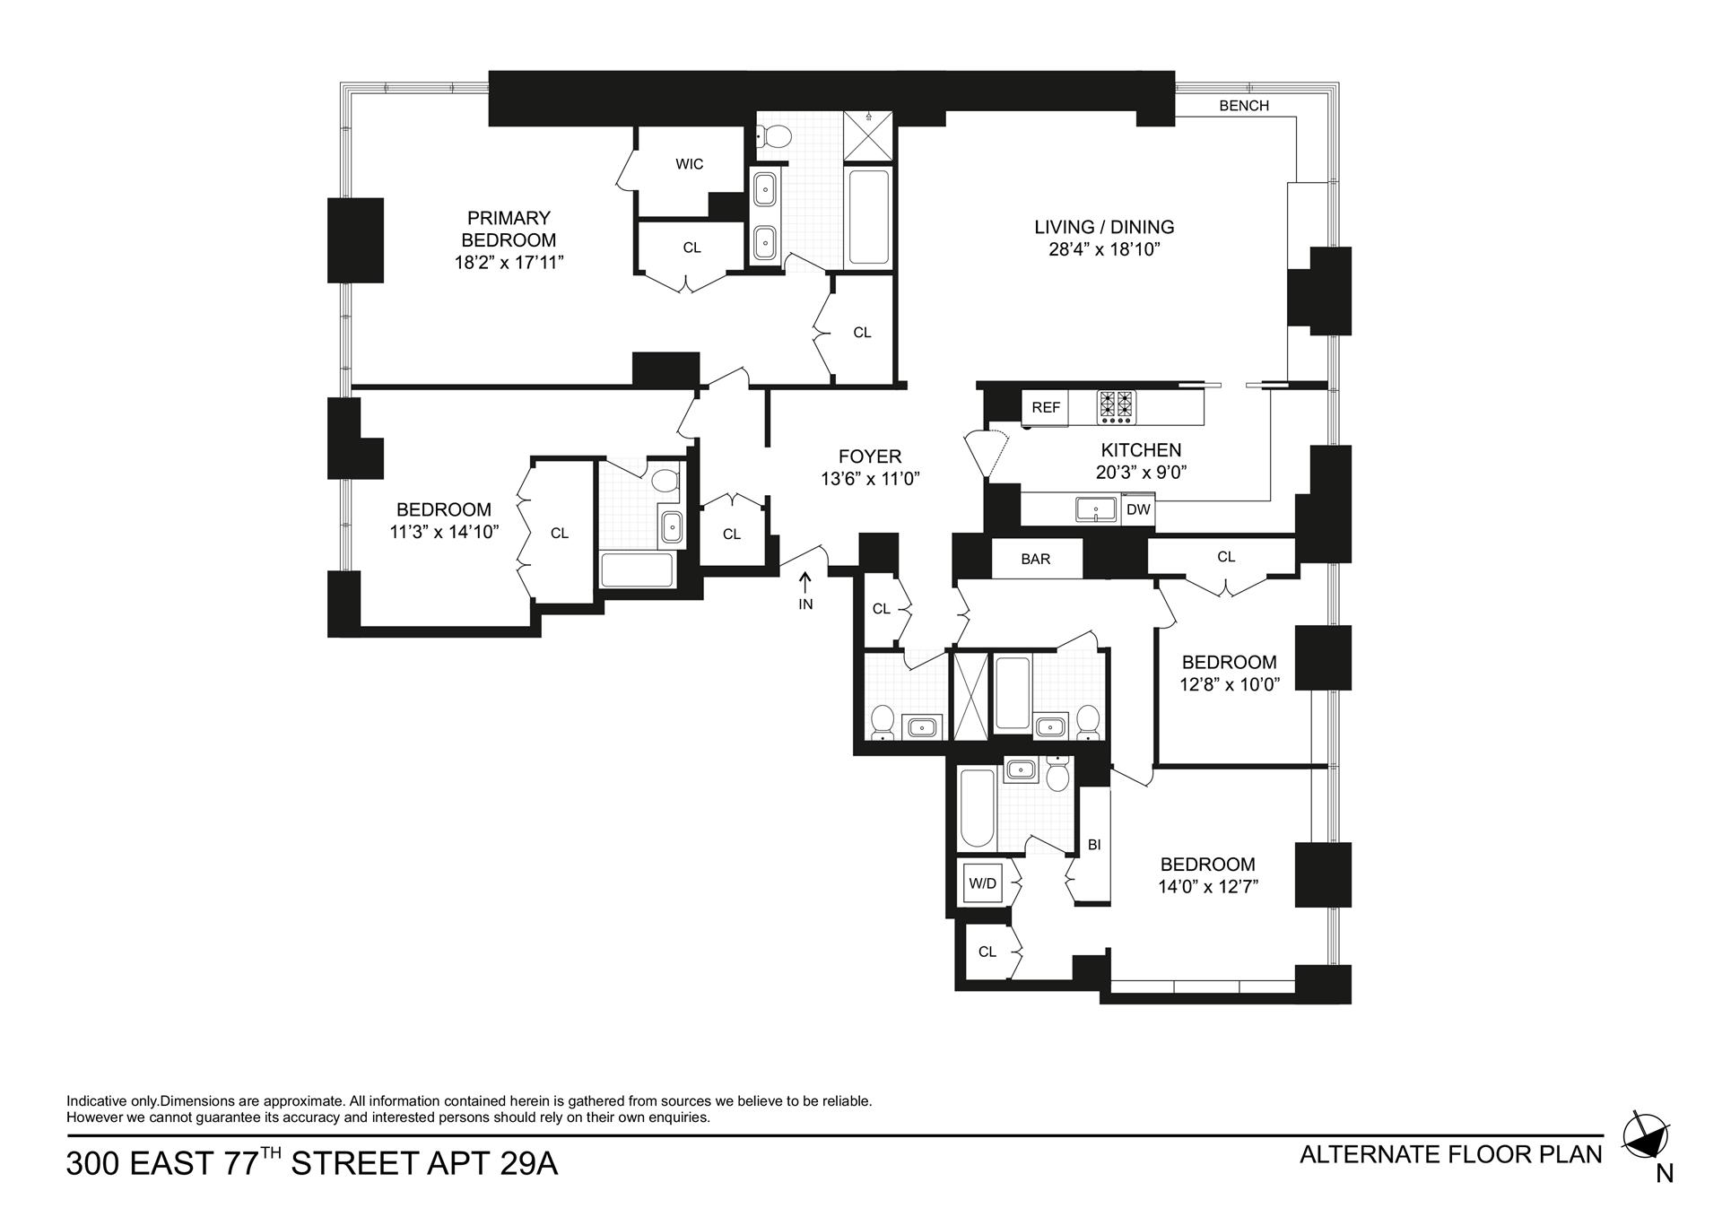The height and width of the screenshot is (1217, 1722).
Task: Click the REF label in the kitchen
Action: coord(1046,407)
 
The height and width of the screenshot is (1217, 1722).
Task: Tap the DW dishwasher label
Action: coord(1138,510)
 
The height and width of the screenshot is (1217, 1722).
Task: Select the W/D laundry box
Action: coord(983,883)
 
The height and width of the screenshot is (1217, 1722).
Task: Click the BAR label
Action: coord(1035,559)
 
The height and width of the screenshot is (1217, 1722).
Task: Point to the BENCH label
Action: coord(1244,106)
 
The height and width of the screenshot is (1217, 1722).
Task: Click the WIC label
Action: coord(689,164)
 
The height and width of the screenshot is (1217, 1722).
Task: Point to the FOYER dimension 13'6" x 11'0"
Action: coord(870,479)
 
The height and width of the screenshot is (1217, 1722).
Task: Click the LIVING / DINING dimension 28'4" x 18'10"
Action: coord(1104,249)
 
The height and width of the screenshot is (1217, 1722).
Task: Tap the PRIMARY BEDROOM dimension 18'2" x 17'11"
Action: coord(509,262)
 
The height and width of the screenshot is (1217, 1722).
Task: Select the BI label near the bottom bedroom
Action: coord(1094,845)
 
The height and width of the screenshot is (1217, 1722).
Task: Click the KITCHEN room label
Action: coord(1141,450)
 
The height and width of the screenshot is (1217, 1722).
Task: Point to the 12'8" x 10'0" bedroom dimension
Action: coord(1229,684)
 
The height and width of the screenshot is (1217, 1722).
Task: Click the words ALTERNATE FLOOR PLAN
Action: coord(1450,1154)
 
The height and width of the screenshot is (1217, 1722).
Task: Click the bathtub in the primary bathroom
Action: coord(868,218)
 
